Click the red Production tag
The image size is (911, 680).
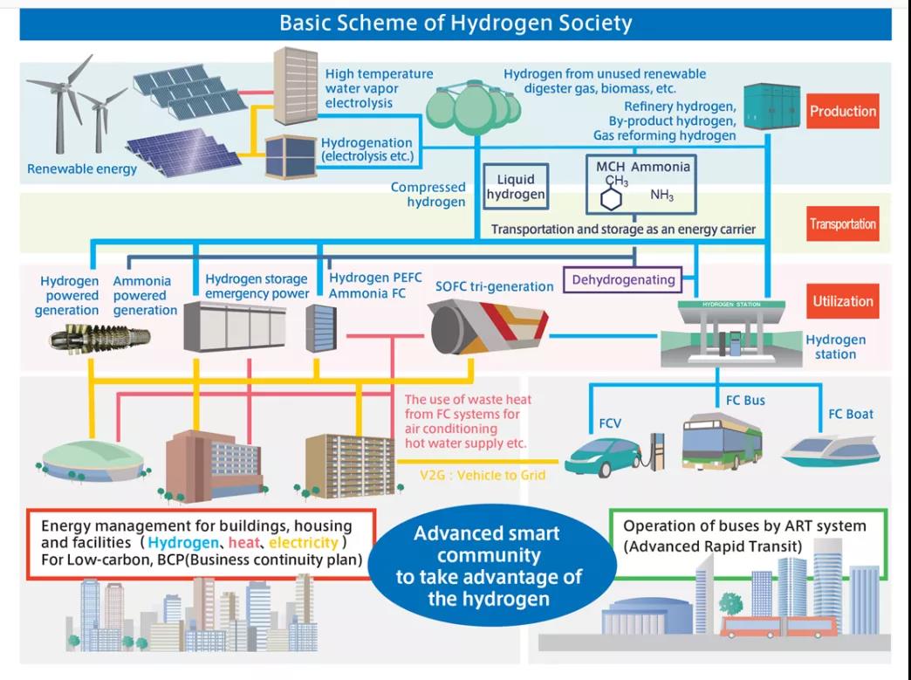[x=842, y=112]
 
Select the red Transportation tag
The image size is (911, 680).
[x=842, y=224]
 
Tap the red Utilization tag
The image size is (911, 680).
[x=842, y=301]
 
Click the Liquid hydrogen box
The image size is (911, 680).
[x=515, y=187]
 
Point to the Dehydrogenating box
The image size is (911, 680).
[x=623, y=280]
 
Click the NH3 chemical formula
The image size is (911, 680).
[x=661, y=196]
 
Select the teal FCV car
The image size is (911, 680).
[x=604, y=456]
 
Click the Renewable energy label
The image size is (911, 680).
[x=82, y=169]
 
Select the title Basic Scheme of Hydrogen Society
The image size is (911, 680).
[x=455, y=23]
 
